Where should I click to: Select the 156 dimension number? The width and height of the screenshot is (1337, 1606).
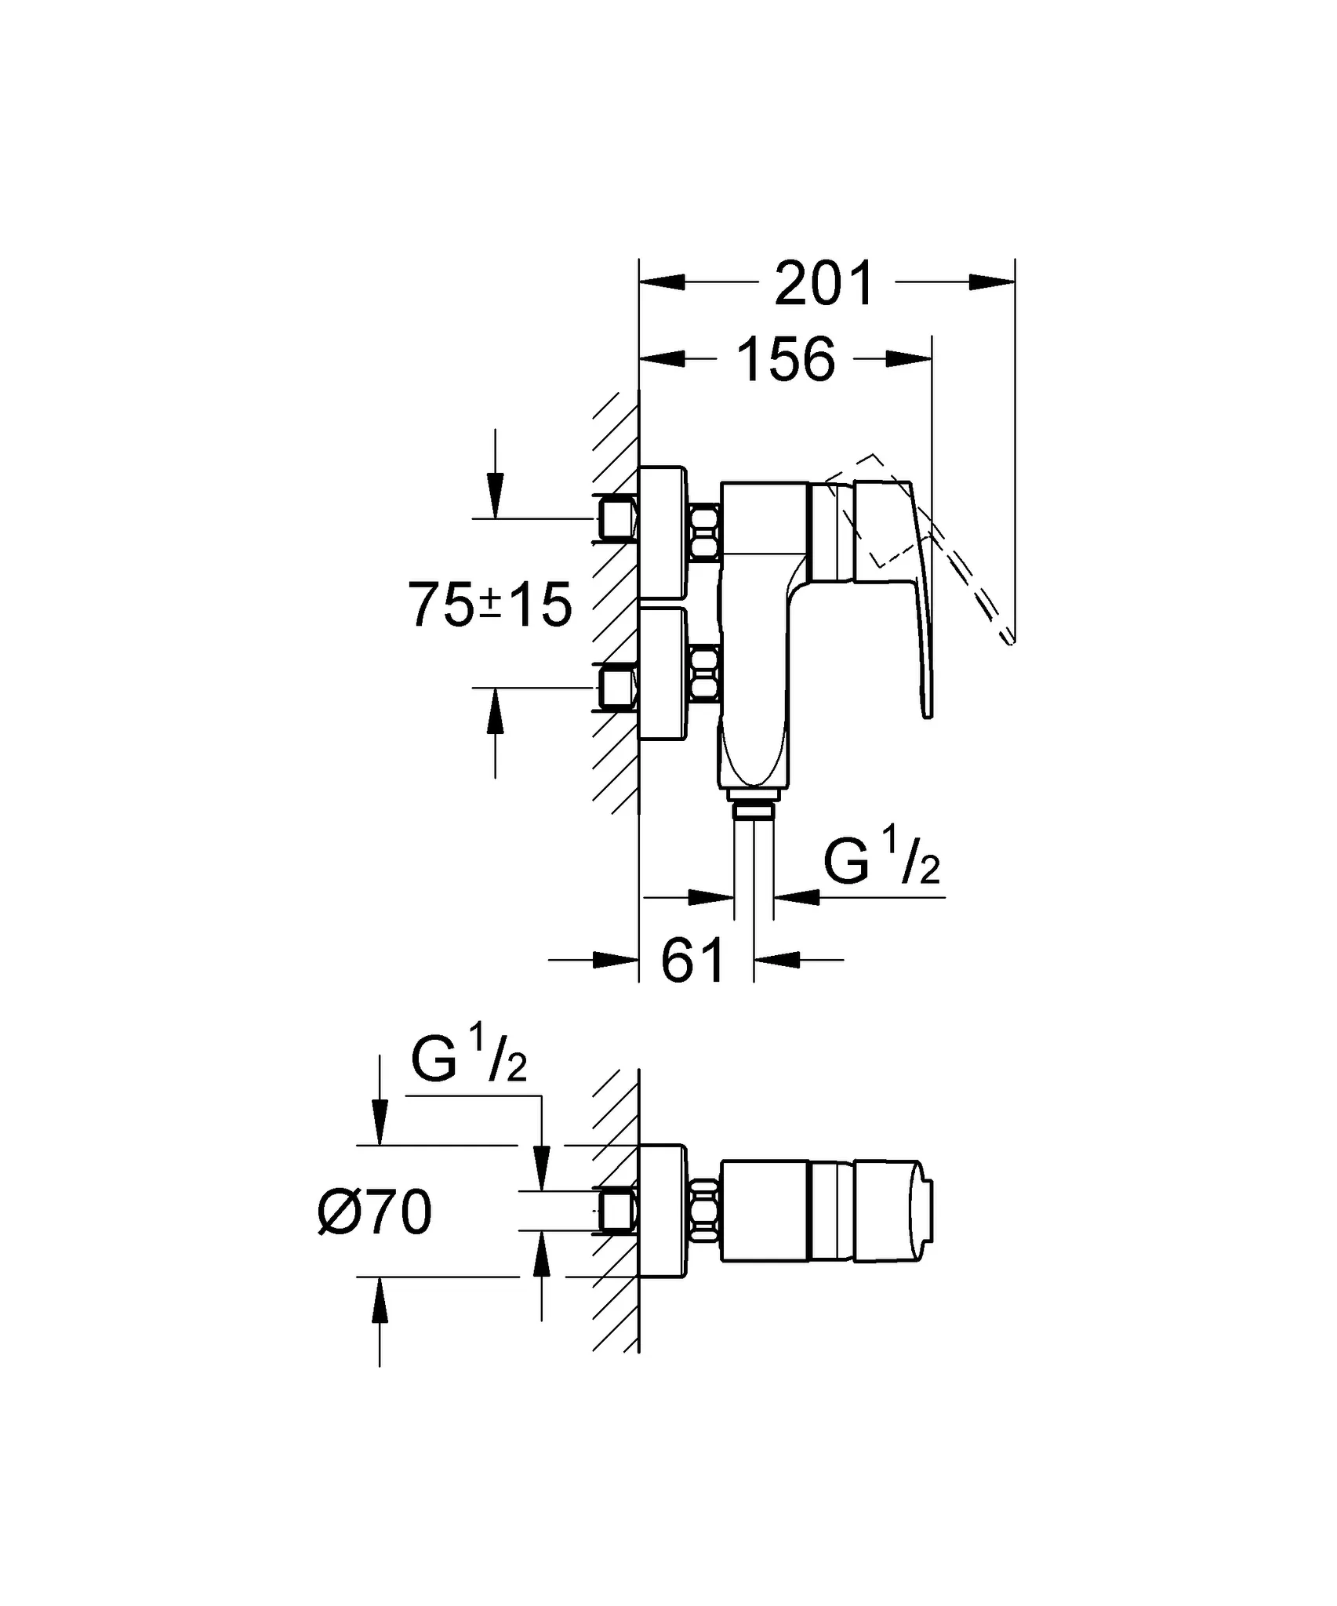coord(787,359)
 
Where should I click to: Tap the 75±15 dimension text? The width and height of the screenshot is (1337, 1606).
coord(490,605)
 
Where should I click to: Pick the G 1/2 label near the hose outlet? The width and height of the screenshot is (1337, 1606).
coord(881,858)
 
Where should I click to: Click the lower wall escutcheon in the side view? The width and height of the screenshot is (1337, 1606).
coord(664,673)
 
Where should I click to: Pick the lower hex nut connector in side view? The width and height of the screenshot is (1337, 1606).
coord(704,673)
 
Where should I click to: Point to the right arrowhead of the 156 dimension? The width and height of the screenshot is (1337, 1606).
coord(910,358)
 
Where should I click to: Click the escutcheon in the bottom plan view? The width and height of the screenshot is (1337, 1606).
coord(664,1211)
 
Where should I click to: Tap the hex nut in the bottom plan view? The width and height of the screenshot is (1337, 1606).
coord(704,1211)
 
